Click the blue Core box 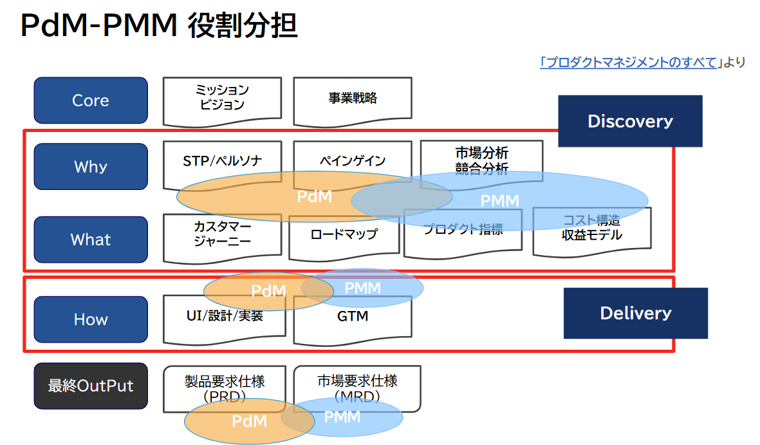pyautogui.click(x=91, y=100)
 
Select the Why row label pyautogui.click(x=91, y=167)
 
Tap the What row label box pyautogui.click(x=91, y=240)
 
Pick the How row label pyautogui.click(x=91, y=319)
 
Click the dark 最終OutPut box pyautogui.click(x=91, y=386)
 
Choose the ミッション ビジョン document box pyautogui.click(x=222, y=98)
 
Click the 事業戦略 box pyautogui.click(x=352, y=99)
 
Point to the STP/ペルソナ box pyautogui.click(x=222, y=160)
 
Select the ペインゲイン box pyautogui.click(x=352, y=160)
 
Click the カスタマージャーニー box pyautogui.click(x=222, y=236)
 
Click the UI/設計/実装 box pyautogui.click(x=224, y=317)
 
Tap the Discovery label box pyautogui.click(x=629, y=121)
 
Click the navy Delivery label pyautogui.click(x=635, y=313)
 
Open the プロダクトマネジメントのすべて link pyautogui.click(x=629, y=62)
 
